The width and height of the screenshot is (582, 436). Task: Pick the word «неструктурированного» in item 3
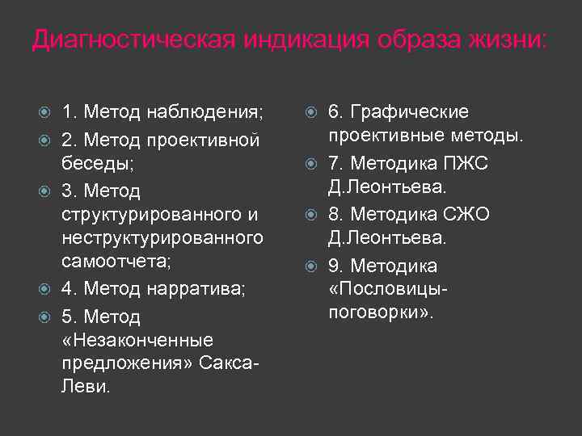162,237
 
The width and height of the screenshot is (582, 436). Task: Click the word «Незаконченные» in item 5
137,340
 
